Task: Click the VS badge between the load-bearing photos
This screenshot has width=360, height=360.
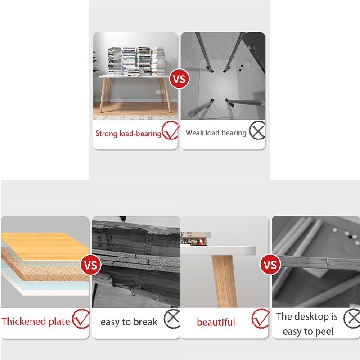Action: (x=179, y=79)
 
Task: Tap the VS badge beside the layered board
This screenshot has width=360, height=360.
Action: (x=91, y=265)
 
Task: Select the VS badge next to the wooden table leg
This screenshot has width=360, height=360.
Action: (x=270, y=265)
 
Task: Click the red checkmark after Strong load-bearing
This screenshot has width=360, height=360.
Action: (x=171, y=130)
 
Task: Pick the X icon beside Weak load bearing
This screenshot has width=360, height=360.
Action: (x=257, y=130)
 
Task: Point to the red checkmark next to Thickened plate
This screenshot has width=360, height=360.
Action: (x=81, y=319)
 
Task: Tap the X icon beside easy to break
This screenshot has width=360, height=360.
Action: (x=172, y=319)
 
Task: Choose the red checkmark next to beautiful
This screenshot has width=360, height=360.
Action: (x=261, y=319)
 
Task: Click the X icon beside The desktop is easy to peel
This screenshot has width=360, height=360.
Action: (x=352, y=319)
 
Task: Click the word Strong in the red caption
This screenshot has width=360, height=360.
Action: (x=106, y=133)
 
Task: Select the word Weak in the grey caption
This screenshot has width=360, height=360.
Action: (x=195, y=132)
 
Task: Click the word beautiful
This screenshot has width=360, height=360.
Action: (x=216, y=322)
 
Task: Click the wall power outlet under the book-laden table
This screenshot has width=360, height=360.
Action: (x=160, y=92)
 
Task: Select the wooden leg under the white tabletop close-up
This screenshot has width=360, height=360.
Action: (x=225, y=281)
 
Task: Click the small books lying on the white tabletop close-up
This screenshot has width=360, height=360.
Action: (x=195, y=238)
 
